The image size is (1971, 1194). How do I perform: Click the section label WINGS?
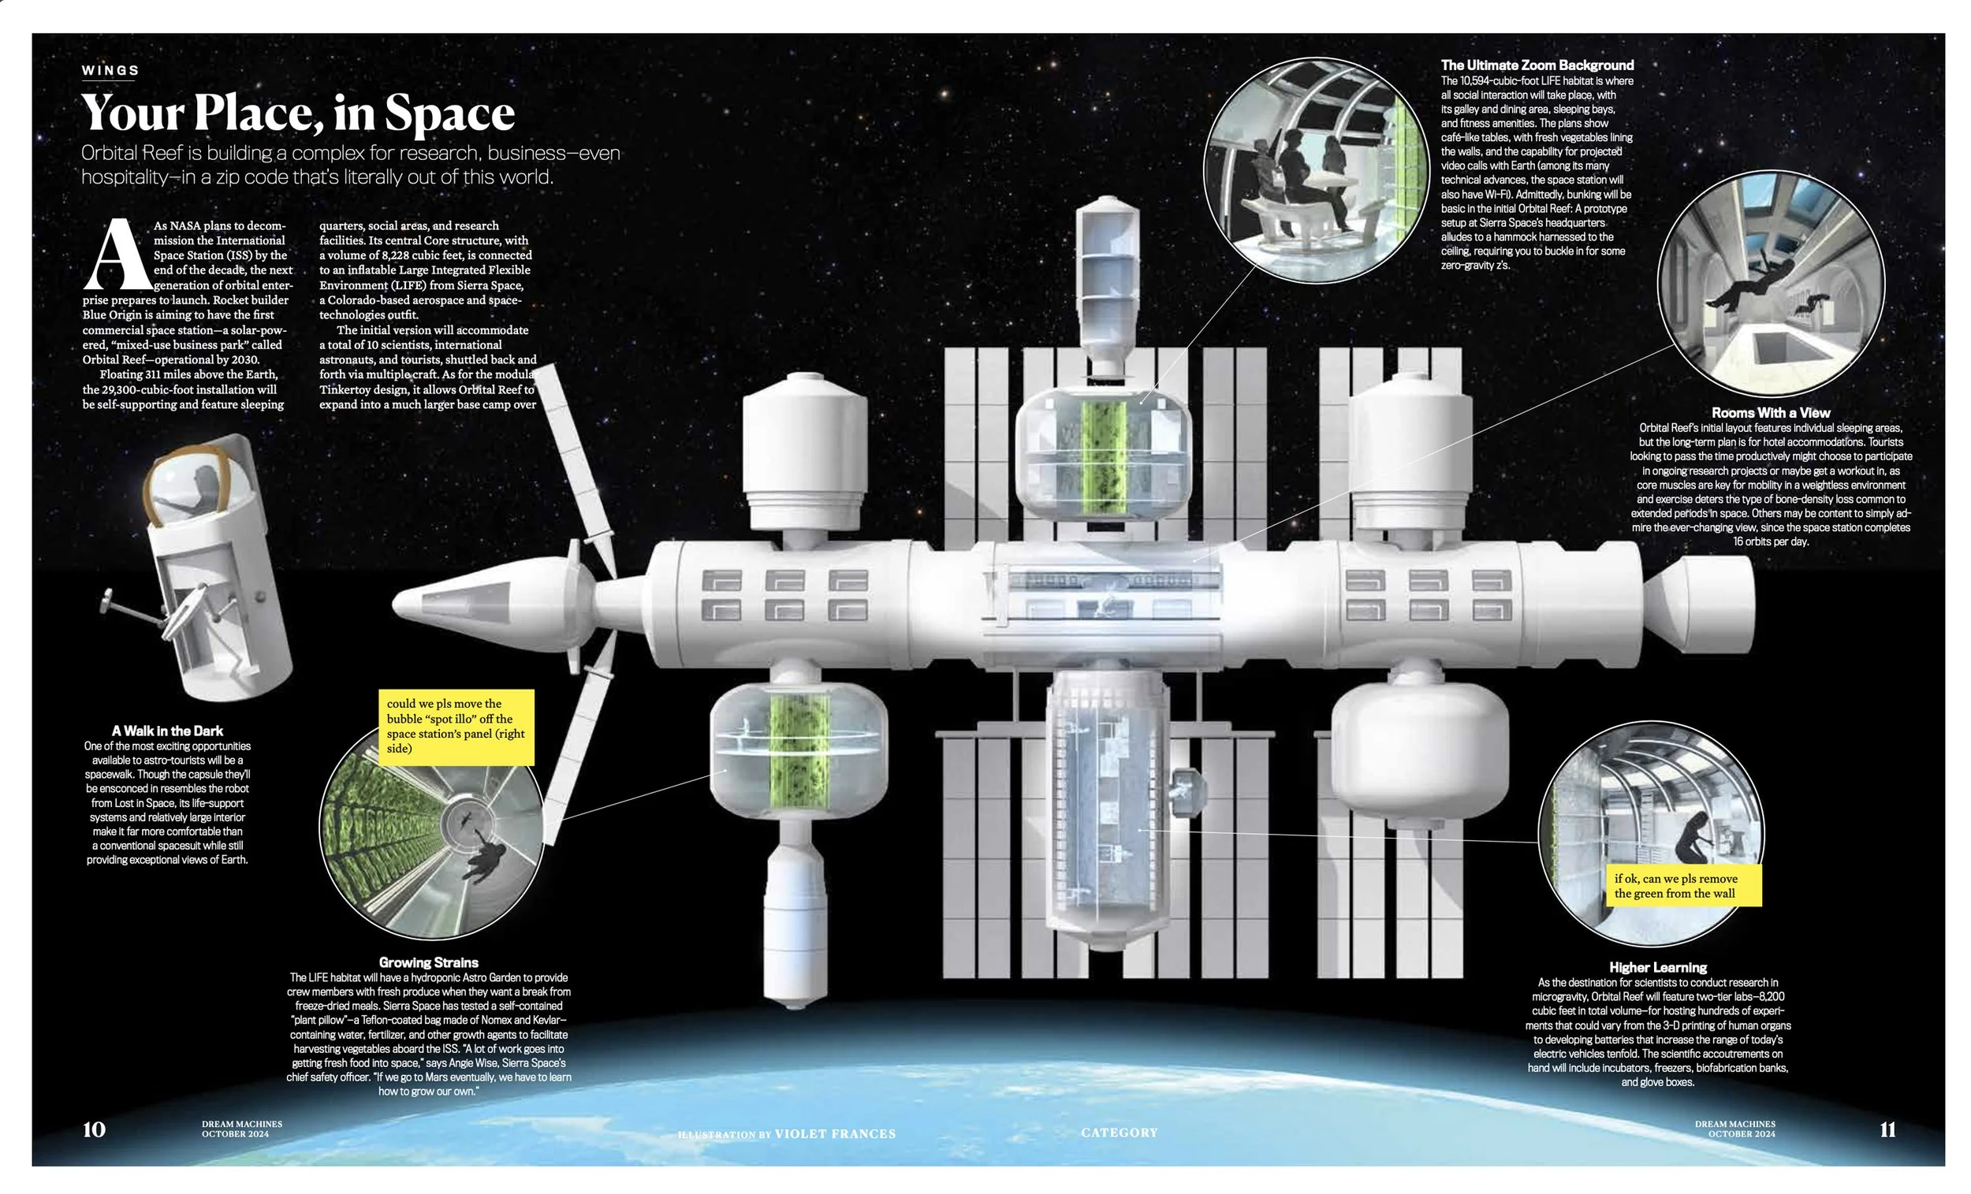[110, 70]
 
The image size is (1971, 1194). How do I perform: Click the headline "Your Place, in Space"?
[297, 113]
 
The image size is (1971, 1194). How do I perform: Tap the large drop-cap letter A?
[117, 255]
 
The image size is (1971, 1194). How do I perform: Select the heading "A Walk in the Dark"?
[167, 730]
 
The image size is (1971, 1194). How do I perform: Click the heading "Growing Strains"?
[428, 962]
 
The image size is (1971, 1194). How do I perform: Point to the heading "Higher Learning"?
[1657, 967]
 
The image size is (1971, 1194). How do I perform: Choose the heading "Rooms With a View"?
[1770, 413]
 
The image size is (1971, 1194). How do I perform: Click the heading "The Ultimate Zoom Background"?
[1537, 65]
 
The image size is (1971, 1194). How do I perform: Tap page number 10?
[94, 1129]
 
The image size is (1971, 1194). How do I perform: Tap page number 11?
[1887, 1129]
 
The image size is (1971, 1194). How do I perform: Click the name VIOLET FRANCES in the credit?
[835, 1133]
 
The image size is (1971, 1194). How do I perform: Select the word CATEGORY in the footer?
[1119, 1132]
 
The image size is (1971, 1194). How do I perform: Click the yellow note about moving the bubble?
[456, 726]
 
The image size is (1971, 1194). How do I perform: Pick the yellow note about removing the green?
[1683, 885]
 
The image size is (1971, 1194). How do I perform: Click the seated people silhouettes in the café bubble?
[1300, 176]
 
